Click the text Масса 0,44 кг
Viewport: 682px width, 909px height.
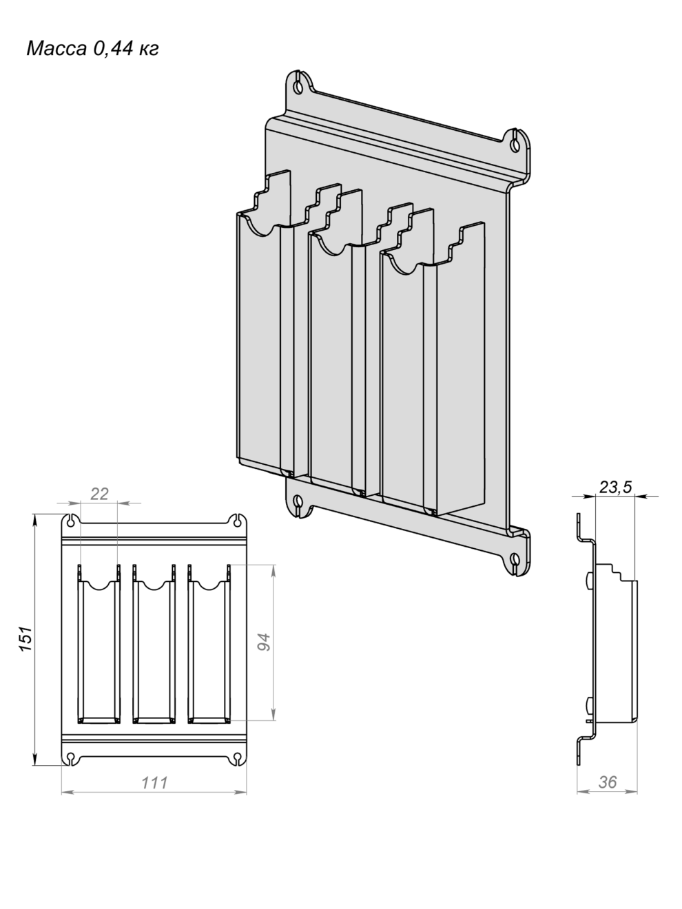(93, 48)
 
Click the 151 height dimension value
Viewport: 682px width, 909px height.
(26, 639)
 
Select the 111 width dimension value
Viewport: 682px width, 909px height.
(154, 783)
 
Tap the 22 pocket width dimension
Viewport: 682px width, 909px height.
(99, 494)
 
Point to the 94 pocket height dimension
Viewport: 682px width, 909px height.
(264, 642)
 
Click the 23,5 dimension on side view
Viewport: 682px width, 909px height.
(615, 487)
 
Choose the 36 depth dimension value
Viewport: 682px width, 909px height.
(608, 782)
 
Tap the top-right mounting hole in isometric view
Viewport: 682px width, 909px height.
(515, 143)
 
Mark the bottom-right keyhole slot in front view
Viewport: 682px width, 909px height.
(237, 757)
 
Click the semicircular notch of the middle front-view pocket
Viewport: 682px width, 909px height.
(154, 585)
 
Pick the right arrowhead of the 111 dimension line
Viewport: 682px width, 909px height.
(240, 792)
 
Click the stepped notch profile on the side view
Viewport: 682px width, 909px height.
(615, 572)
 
